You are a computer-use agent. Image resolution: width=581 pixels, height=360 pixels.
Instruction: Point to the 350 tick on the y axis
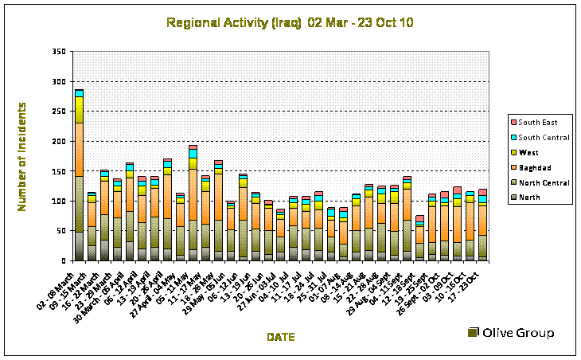pos(59,52)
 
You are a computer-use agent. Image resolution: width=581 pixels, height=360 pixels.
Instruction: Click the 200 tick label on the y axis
pos(59,141)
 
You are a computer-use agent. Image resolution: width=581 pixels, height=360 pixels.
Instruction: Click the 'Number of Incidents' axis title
pos(25,156)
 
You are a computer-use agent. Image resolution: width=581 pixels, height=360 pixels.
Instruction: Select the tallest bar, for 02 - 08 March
pos(79,175)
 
